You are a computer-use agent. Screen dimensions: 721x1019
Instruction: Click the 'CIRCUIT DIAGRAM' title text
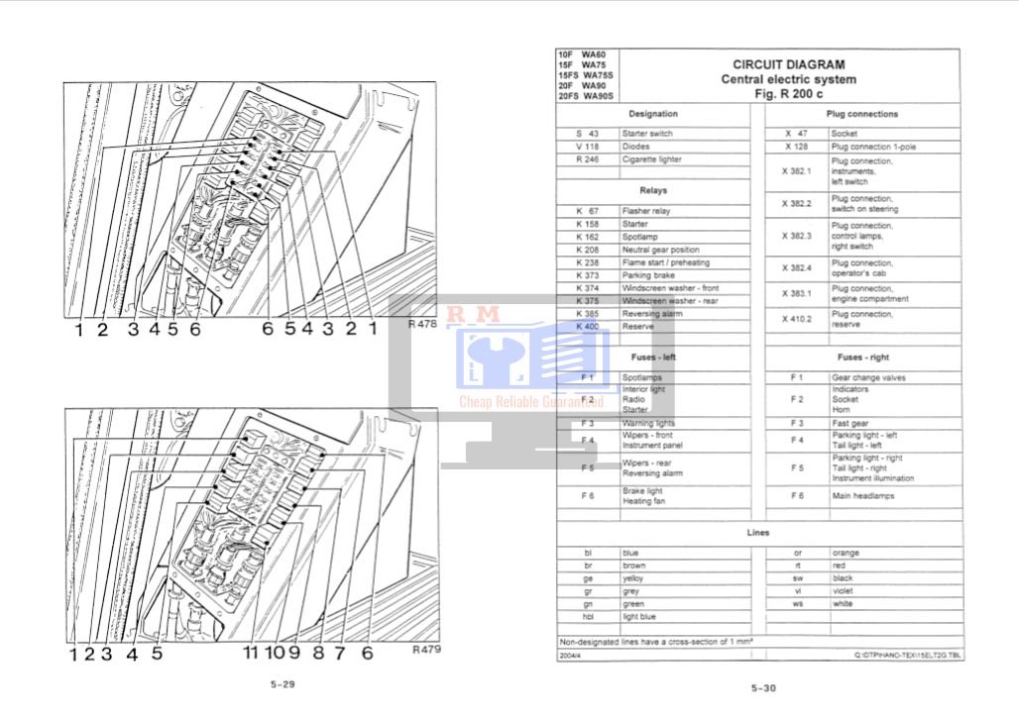[789, 65]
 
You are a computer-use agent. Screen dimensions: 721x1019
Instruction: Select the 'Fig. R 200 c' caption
[788, 93]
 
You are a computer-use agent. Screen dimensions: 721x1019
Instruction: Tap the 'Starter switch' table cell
[647, 134]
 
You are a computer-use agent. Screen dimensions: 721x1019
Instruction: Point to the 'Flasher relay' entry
[646, 211]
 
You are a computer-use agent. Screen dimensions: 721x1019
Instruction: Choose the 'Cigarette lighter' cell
[652, 159]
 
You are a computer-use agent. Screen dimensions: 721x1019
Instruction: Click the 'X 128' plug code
[796, 147]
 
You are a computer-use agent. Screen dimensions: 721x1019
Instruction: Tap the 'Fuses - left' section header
[653, 357]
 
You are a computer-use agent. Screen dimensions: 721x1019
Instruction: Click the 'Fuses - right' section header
[862, 357]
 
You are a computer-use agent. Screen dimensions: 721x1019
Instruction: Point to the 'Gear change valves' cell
[868, 377]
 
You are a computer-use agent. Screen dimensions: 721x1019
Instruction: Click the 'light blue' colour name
[638, 616]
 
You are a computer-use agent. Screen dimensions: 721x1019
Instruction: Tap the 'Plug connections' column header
[862, 114]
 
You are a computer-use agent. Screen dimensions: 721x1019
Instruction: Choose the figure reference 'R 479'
[425, 651]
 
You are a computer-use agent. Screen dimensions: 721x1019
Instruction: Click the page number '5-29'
[283, 684]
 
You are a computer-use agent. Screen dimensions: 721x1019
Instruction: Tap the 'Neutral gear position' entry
[660, 250]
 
